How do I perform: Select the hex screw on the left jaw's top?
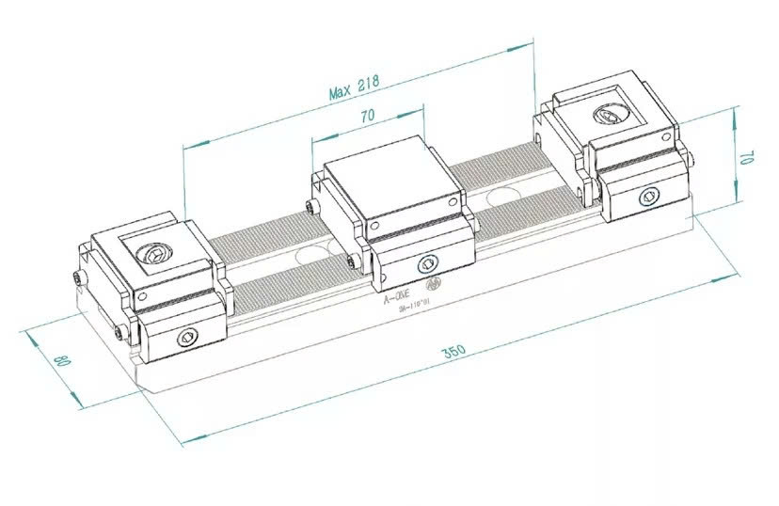point(151,254)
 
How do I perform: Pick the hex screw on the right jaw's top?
point(605,118)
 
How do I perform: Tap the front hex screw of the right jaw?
point(647,196)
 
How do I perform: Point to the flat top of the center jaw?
point(390,183)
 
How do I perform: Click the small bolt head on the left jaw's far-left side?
point(75,277)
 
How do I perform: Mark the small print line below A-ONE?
point(414,306)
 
